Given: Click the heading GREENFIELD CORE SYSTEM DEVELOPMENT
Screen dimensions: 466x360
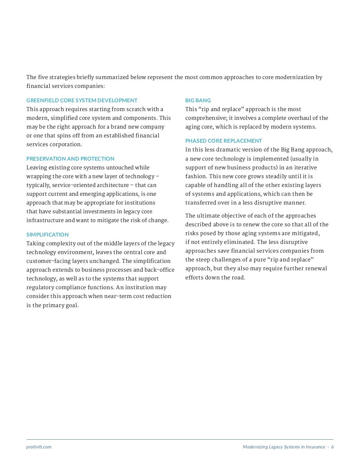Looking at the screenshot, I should click(x=82, y=101).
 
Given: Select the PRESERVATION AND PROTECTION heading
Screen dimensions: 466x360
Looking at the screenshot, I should click(x=70, y=159).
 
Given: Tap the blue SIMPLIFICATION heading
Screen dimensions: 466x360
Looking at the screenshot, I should click(x=47, y=235).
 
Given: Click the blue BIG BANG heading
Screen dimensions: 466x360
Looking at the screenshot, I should click(x=198, y=101).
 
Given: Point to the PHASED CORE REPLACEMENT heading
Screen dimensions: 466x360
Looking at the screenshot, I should click(x=223, y=141).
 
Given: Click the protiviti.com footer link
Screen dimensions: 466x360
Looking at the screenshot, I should click(x=39, y=447).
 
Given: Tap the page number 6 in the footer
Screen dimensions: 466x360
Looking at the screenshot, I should click(x=332, y=447).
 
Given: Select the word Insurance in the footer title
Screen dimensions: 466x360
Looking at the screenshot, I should click(x=315, y=447).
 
